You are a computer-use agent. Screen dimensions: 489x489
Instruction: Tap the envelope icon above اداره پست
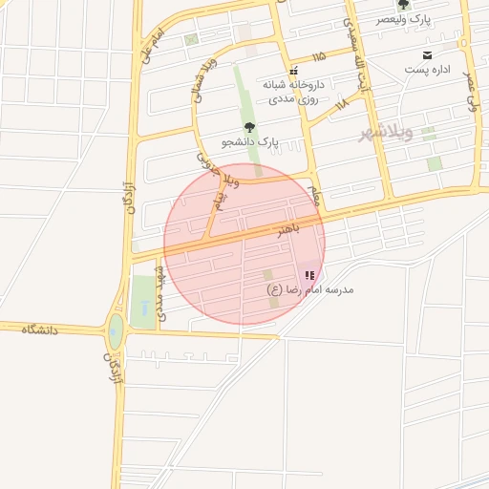point(426,54)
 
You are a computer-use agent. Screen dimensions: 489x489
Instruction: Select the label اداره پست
point(426,70)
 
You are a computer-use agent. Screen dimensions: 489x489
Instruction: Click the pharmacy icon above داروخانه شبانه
point(293,70)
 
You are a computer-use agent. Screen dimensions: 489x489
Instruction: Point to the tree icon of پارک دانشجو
point(249,126)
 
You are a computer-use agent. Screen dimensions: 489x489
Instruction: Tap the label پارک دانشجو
point(249,141)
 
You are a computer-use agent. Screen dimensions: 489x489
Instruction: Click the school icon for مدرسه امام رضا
point(308,274)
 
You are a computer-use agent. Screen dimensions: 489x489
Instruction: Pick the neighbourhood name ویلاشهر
point(387,132)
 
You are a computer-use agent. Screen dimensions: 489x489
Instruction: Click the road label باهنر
point(287,229)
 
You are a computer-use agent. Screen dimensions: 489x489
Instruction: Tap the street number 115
point(318,56)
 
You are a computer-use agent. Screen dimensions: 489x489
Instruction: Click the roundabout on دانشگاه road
point(116,333)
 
